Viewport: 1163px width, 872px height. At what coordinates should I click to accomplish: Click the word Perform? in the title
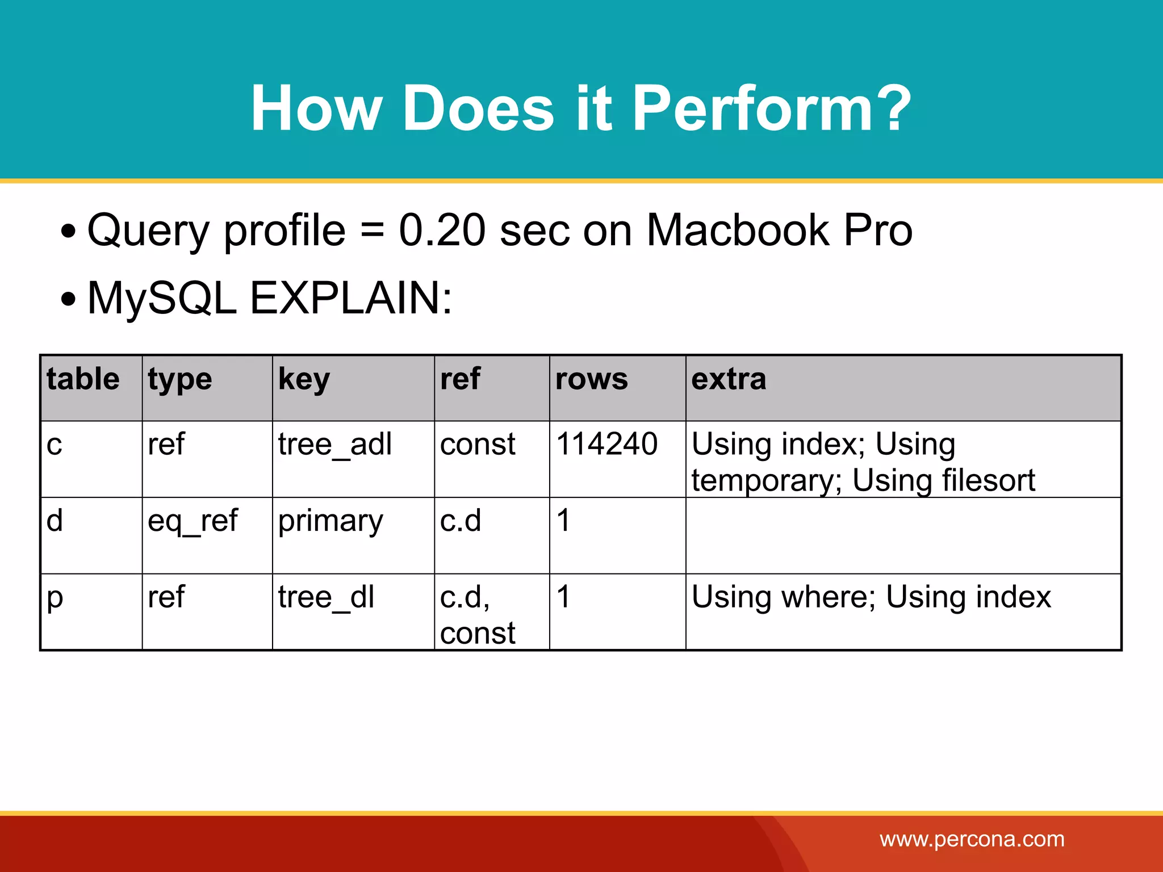pyautogui.click(x=771, y=108)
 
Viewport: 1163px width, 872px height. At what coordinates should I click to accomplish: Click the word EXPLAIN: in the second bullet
pyautogui.click(x=350, y=298)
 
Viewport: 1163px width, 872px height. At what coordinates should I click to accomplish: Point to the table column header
pyautogui.click(x=83, y=379)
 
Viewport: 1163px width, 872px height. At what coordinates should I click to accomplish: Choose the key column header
pyautogui.click(x=303, y=379)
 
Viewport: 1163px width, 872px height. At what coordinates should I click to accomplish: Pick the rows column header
pyautogui.click(x=591, y=379)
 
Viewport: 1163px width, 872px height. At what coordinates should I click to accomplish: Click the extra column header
pyautogui.click(x=729, y=379)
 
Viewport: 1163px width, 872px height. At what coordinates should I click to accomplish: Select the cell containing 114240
pyautogui.click(x=606, y=443)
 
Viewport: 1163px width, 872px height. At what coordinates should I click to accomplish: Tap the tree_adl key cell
pyautogui.click(x=334, y=443)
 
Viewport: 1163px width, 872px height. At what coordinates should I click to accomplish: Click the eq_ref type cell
pyautogui.click(x=193, y=520)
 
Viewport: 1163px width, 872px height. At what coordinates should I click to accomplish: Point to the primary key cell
pyautogui.click(x=331, y=520)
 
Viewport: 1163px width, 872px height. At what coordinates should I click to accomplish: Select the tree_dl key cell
pyautogui.click(x=326, y=597)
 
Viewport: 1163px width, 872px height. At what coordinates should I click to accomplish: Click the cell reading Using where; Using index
pyautogui.click(x=871, y=597)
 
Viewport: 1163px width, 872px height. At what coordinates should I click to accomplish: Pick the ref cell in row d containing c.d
pyautogui.click(x=461, y=520)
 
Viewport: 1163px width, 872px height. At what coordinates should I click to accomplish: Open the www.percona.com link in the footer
pyautogui.click(x=972, y=839)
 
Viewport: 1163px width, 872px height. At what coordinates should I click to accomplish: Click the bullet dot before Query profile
pyautogui.click(x=69, y=232)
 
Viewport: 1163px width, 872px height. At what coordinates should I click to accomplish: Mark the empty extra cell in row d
pyautogui.click(x=903, y=535)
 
